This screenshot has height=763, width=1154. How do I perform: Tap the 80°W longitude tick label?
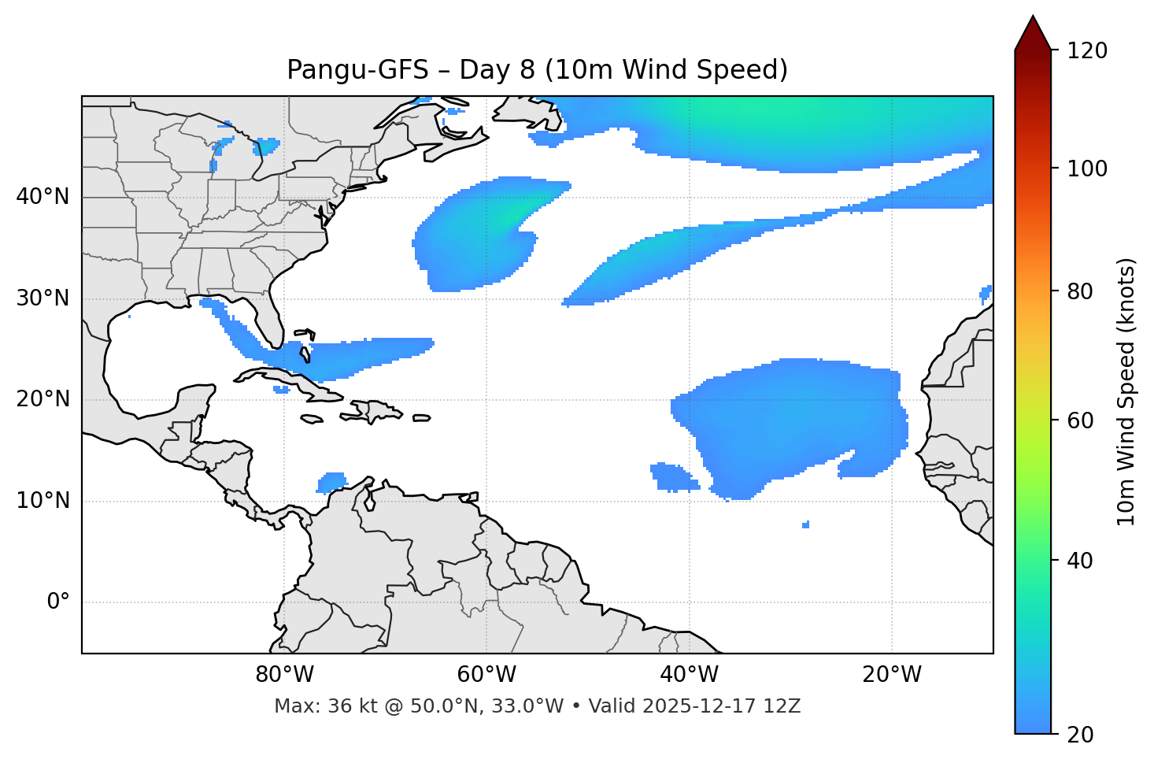click(x=284, y=675)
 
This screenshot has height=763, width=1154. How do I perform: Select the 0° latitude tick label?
click(x=58, y=602)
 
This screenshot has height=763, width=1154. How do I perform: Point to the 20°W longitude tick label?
click(x=892, y=675)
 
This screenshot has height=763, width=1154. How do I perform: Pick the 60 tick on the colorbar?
click(x=1084, y=420)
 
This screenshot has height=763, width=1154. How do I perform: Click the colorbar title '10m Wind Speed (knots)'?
click(x=1126, y=391)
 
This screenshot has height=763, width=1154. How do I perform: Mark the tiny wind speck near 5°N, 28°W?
click(x=805, y=524)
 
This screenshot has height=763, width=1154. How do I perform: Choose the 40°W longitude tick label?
click(x=690, y=675)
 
